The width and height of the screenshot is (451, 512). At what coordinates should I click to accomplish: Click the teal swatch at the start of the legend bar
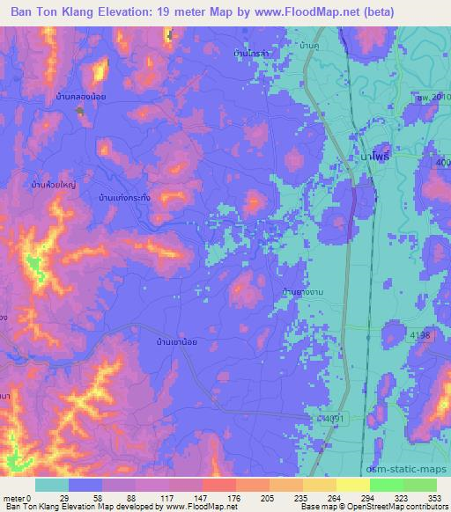coord(52,485)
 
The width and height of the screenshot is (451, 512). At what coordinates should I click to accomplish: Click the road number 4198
coord(420,335)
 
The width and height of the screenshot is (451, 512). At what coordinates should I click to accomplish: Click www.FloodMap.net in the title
coord(297,10)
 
